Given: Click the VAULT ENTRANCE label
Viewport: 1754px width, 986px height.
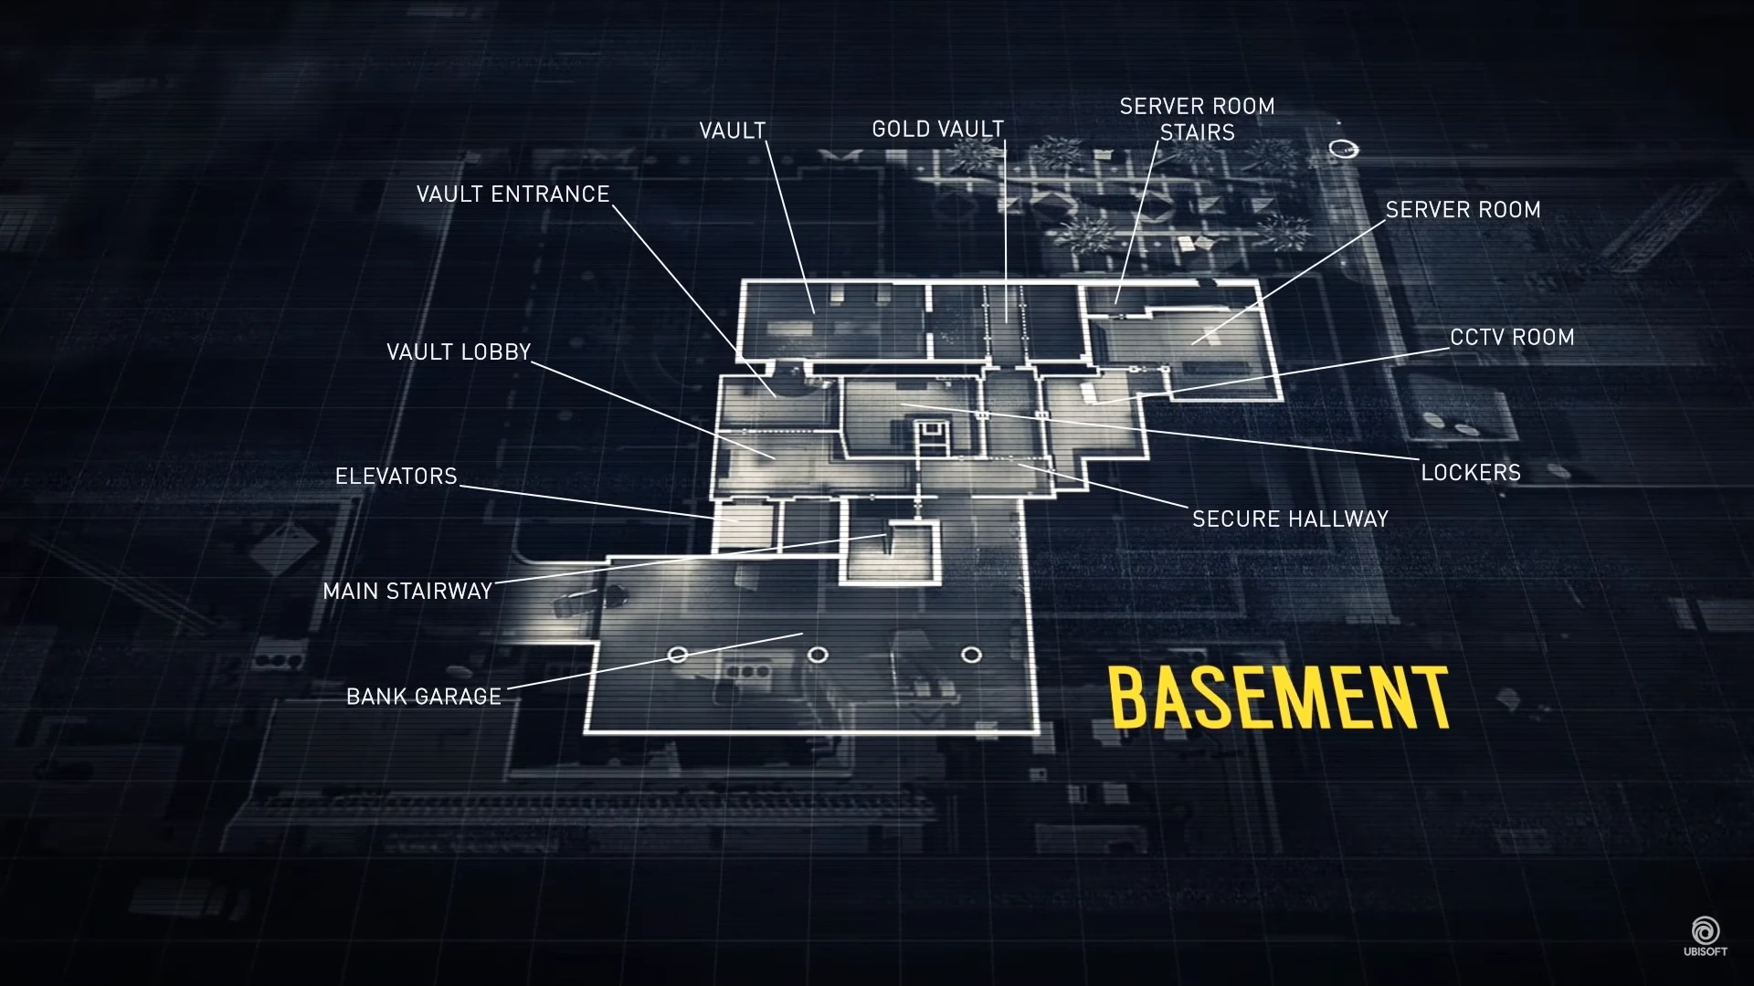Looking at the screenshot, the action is click(512, 194).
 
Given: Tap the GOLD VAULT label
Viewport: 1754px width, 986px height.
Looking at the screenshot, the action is click(937, 130).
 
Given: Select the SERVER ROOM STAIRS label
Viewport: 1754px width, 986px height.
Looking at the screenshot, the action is click(1197, 120).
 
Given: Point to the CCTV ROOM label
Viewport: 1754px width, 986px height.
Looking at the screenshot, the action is click(1512, 338).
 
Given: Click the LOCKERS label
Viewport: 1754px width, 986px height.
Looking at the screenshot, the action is click(1471, 473).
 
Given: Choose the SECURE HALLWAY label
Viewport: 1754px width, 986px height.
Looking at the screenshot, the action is click(1290, 519).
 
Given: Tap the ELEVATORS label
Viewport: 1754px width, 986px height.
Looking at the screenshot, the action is click(396, 477).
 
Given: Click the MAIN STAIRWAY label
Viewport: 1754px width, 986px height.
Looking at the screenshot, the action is click(407, 592).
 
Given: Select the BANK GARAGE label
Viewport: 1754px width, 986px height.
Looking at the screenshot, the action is click(424, 698).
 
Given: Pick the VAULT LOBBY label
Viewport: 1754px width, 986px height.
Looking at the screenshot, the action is click(459, 352).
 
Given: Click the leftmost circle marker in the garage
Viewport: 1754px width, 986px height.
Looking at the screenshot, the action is click(678, 655).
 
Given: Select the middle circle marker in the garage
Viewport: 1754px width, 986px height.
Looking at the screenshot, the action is click(819, 655).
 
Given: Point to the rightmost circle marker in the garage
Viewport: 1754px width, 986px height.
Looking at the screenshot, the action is click(972, 655).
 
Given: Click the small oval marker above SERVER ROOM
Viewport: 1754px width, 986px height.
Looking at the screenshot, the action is click(1343, 148).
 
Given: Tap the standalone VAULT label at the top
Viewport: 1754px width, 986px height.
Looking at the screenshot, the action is click(732, 131).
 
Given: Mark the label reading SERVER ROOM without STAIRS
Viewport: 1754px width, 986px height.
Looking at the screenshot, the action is click(1463, 210).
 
